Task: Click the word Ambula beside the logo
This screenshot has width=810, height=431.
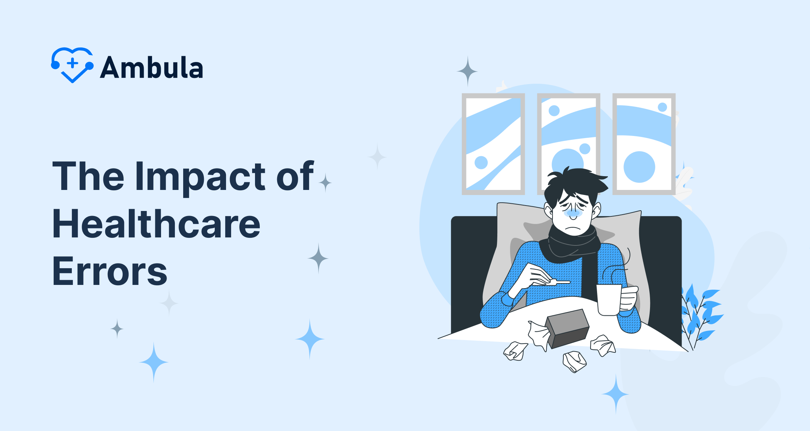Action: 152,68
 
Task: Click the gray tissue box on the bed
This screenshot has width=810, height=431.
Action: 568,328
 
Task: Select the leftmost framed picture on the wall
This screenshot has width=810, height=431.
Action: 493,144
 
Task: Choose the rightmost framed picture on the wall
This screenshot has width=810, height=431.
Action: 644,144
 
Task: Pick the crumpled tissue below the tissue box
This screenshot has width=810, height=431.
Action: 574,361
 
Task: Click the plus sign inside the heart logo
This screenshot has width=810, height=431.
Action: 73,63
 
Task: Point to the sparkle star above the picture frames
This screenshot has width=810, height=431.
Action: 467,71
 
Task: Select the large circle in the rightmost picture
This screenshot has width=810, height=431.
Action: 639,167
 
